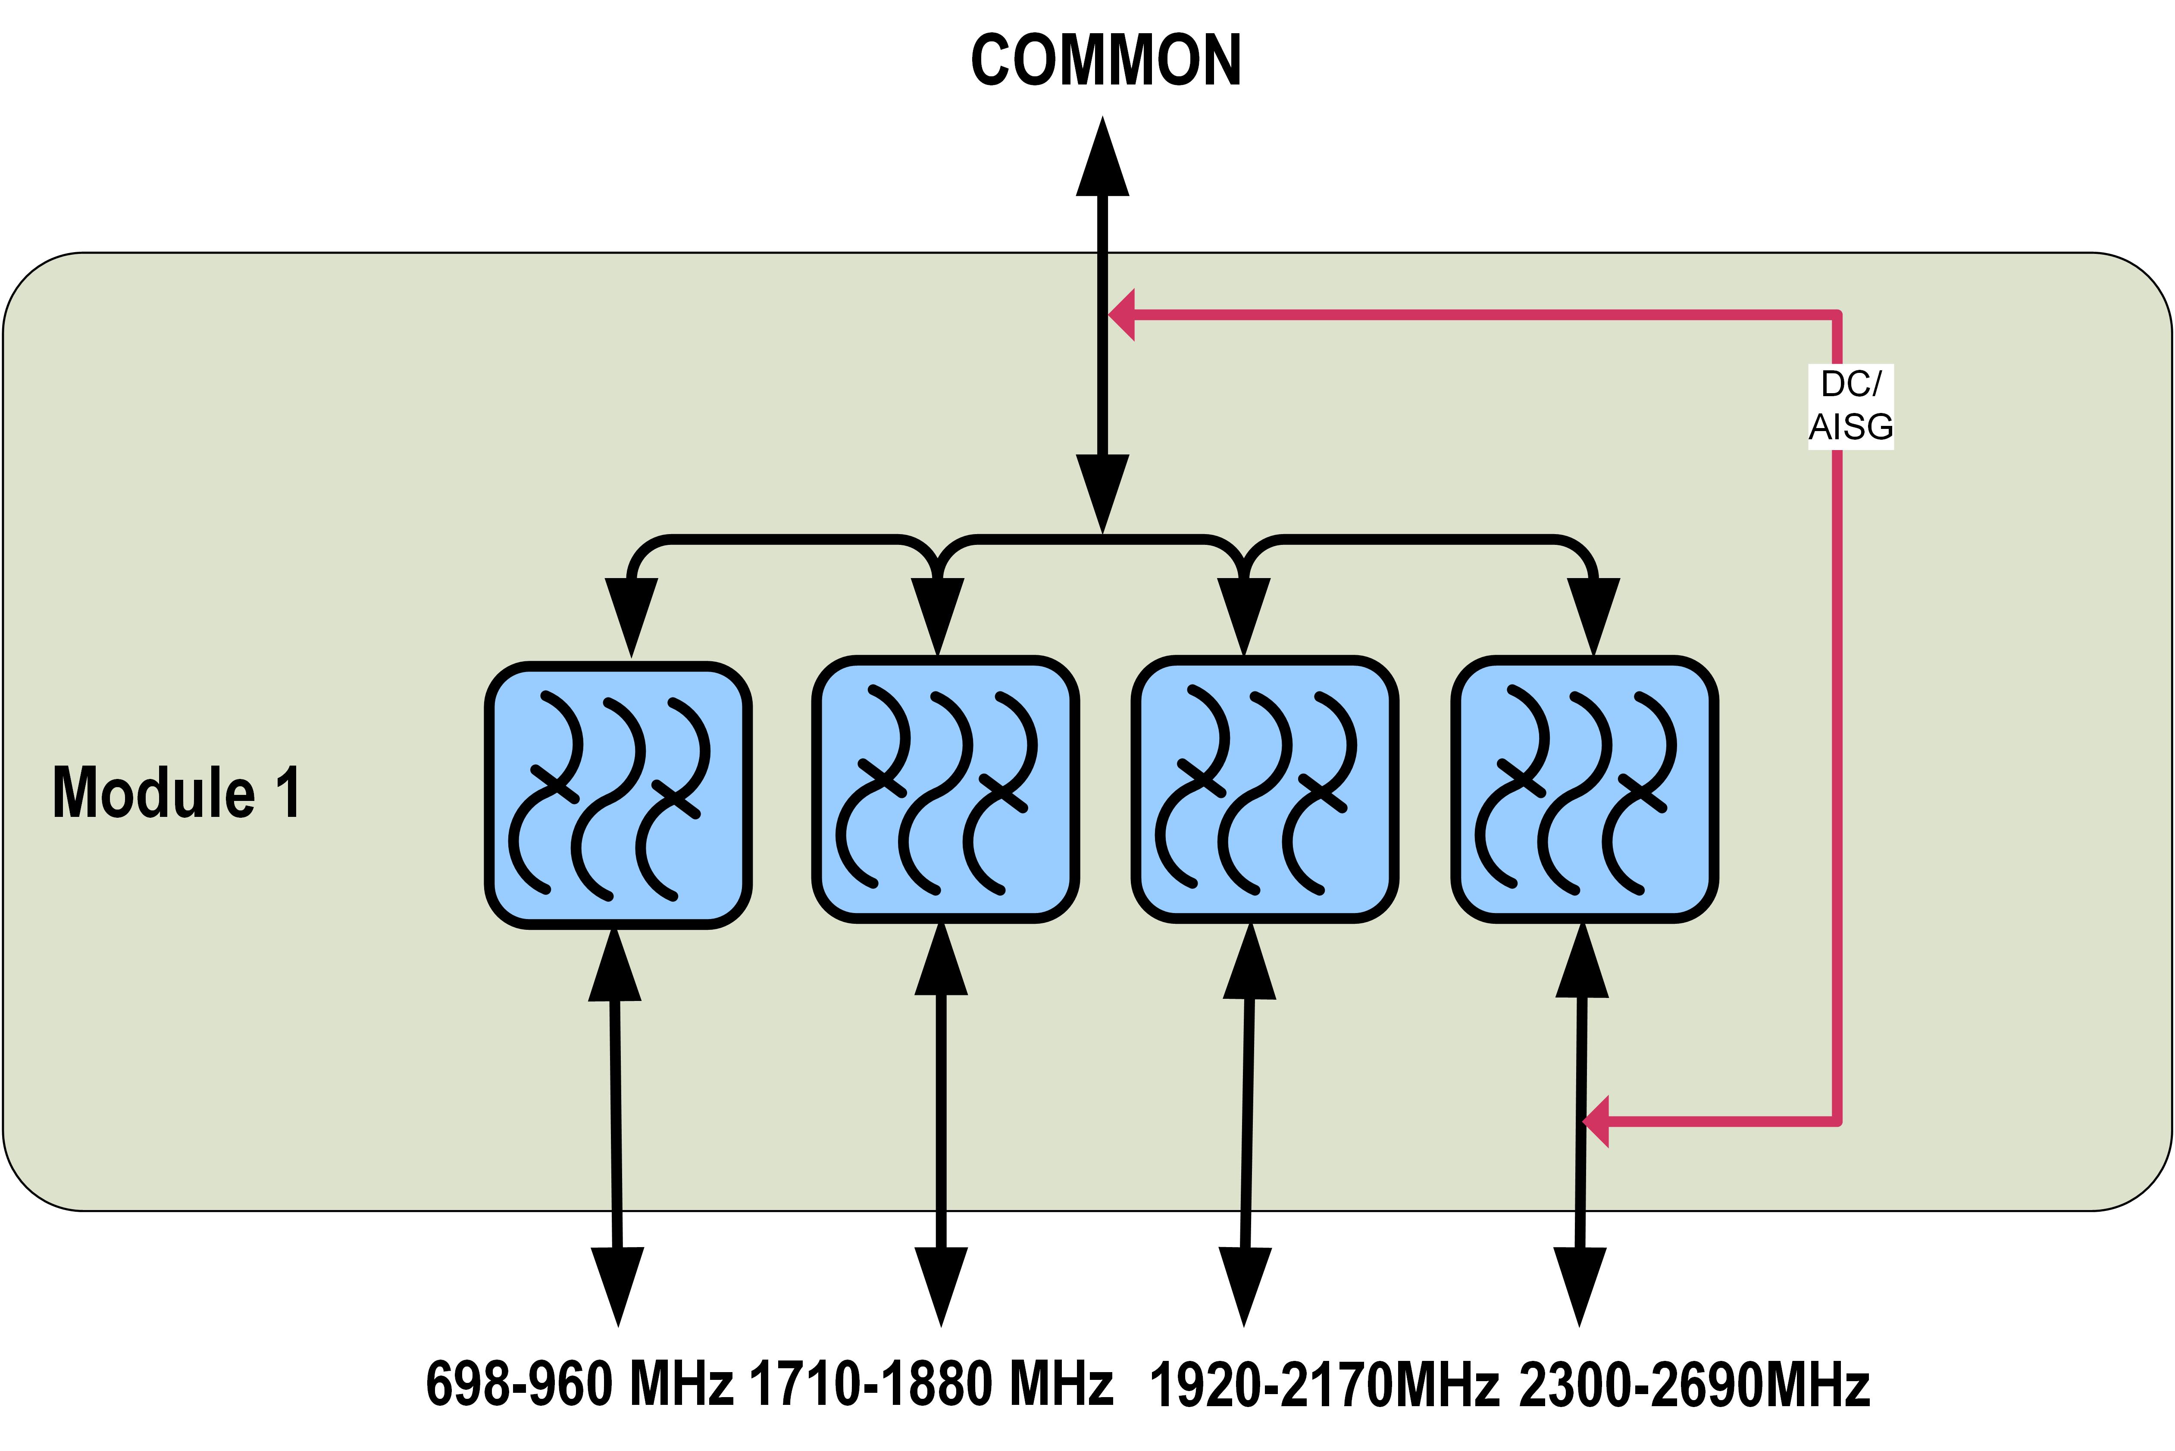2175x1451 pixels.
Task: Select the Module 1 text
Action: click(x=176, y=793)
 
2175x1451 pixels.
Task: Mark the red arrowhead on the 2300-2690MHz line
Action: click(x=1596, y=1122)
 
